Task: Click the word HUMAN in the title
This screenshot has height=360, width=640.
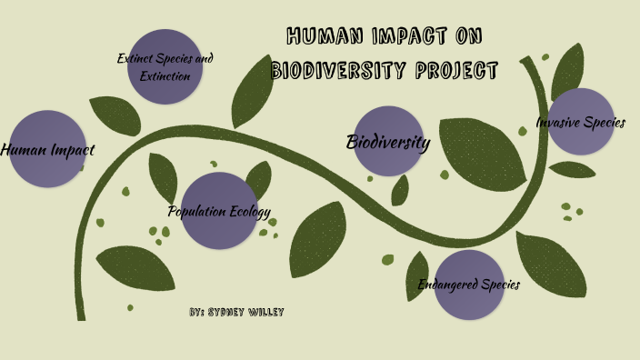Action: point(319,37)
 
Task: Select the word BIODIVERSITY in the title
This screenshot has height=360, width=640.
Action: point(342,71)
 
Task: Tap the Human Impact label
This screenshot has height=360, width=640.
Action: point(47,150)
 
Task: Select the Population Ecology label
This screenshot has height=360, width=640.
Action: point(219,212)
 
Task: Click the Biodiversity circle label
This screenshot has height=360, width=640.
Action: point(388,143)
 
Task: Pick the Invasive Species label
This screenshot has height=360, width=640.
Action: point(580,122)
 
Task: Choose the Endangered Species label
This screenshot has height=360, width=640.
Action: point(468,285)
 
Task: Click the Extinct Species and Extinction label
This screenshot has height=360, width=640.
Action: point(165,66)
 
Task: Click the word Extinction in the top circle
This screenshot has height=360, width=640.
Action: point(165,75)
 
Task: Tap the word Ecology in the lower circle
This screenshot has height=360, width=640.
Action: point(248,212)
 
